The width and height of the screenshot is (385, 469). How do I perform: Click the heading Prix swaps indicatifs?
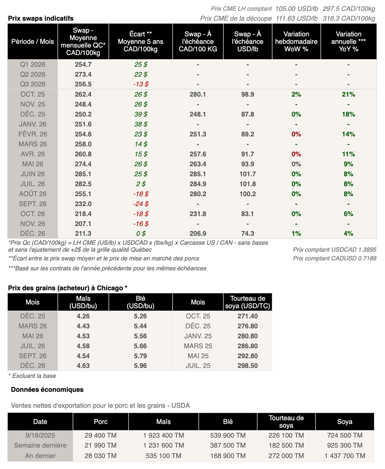(x=41, y=18)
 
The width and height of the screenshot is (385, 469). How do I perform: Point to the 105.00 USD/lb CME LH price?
(x=296, y=9)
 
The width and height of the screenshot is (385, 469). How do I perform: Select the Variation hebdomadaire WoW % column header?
(x=296, y=41)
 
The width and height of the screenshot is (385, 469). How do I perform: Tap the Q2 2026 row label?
(x=33, y=74)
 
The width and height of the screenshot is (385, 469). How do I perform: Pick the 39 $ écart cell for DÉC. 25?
(x=141, y=114)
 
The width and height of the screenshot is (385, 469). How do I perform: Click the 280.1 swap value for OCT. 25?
(x=198, y=94)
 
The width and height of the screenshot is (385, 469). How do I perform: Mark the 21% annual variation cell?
(x=348, y=94)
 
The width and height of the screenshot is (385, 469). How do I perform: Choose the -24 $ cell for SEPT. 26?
(x=141, y=204)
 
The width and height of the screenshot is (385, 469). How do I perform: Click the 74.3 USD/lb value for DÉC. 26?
(x=247, y=233)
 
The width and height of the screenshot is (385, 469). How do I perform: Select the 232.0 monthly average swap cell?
(x=83, y=204)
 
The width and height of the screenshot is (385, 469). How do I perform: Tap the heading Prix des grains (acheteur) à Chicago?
(x=68, y=288)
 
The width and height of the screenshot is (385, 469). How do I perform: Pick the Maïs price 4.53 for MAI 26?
(x=83, y=336)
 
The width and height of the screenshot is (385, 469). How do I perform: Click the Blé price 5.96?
(x=140, y=366)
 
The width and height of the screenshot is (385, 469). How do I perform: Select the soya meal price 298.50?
(x=247, y=366)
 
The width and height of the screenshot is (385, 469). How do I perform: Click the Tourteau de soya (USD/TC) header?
(x=247, y=302)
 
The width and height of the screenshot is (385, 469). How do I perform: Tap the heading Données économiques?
(x=47, y=389)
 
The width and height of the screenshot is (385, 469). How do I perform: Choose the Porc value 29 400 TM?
(x=100, y=435)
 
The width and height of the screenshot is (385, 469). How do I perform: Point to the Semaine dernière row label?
(x=40, y=445)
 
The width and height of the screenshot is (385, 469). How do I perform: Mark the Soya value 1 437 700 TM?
(x=344, y=455)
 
